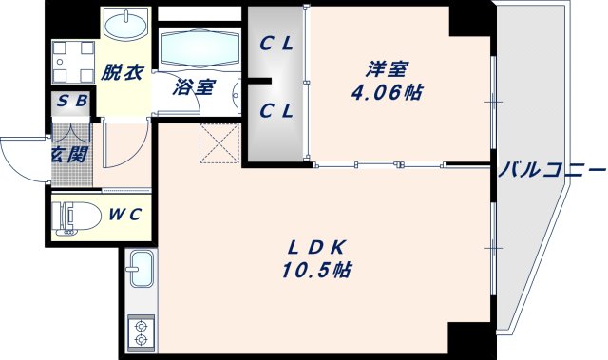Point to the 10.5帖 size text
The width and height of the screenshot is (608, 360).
coord(316,271)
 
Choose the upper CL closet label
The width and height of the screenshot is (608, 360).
coord(276,43)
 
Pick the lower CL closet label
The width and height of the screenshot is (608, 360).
coord(276,111)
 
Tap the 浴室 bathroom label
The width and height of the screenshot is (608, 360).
coord(194,87)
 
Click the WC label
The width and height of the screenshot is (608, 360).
coord(123,214)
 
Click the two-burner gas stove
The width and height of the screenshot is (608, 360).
coord(141,332)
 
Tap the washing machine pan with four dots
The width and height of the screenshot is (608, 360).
coord(71,64)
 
